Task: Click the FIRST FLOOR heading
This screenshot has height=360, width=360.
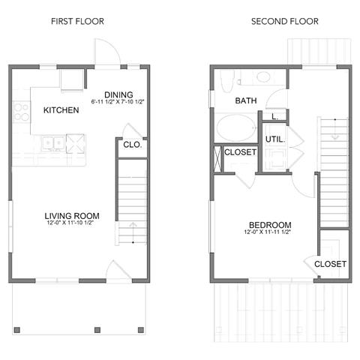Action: pos(77,21)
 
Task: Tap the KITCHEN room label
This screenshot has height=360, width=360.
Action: pos(61,110)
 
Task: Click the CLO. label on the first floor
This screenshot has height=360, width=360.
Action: pos(132,144)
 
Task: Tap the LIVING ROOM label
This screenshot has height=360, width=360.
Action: pos(72,216)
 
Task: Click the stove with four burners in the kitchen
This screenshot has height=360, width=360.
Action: pos(20,112)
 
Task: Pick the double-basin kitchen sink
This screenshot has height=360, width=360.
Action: pos(53,141)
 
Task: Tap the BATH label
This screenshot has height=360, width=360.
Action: pos(246,100)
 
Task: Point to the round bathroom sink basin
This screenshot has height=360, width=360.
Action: pos(263,76)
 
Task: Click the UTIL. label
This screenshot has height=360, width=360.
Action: pos(274,139)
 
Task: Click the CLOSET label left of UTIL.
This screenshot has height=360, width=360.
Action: pos(240,152)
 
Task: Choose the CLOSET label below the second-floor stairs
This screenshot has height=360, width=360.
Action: pos(330,264)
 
